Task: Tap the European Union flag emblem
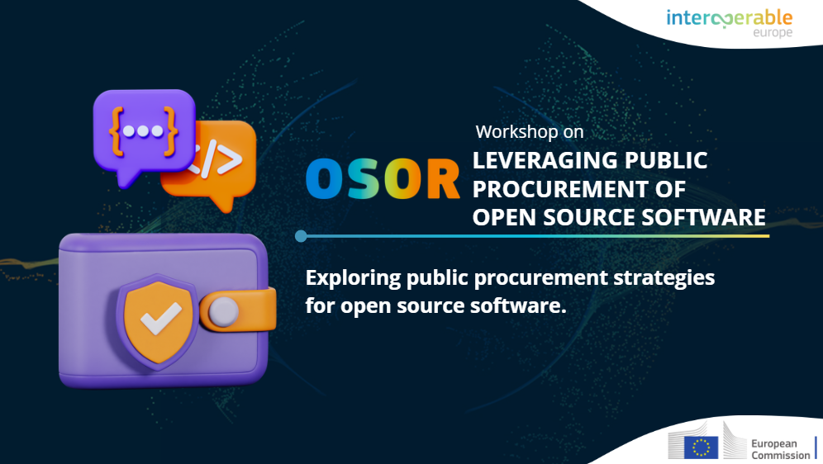pos(702,447)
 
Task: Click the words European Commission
pos(781,449)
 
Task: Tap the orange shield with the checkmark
pos(157,321)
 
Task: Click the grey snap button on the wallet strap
pos(224,311)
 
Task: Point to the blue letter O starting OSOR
pos(323,178)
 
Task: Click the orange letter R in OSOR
pos(444,178)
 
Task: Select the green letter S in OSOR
pos(362,178)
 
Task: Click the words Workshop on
pos(530,131)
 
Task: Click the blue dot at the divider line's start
pos(301,236)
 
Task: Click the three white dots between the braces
pos(143,131)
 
